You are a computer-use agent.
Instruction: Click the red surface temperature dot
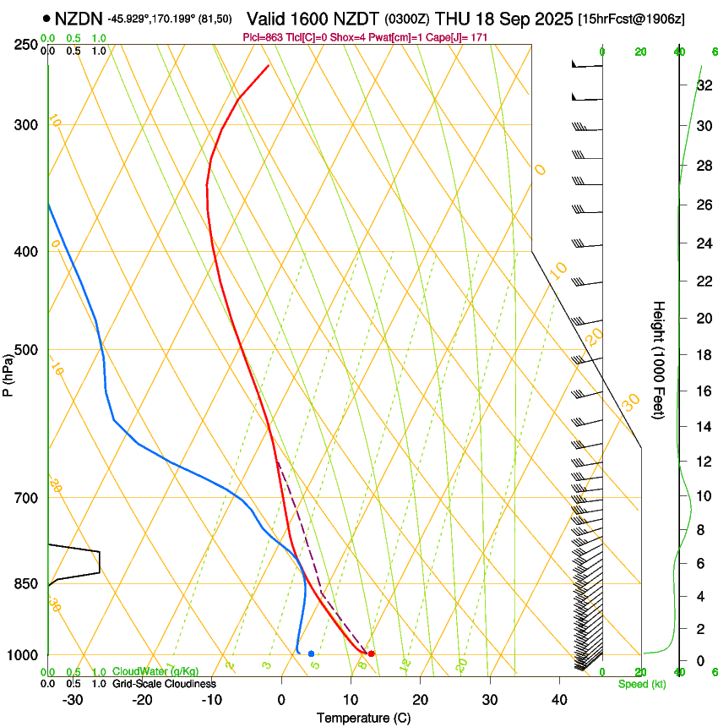pyautogui.click(x=371, y=653)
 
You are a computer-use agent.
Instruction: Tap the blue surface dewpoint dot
pyautogui.click(x=312, y=653)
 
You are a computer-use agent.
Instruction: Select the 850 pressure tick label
pyautogui.click(x=27, y=584)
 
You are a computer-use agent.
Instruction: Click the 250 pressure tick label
pyautogui.click(x=27, y=45)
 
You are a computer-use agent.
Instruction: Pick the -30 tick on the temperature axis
pyautogui.click(x=73, y=700)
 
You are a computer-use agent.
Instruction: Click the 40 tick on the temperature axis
pyautogui.click(x=559, y=700)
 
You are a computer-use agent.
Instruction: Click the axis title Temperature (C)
pyautogui.click(x=363, y=718)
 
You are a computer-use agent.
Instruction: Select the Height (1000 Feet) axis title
pyautogui.click(x=659, y=359)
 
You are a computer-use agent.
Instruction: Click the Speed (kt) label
pyautogui.click(x=641, y=684)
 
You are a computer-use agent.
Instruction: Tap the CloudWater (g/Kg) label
pyautogui.click(x=155, y=671)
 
